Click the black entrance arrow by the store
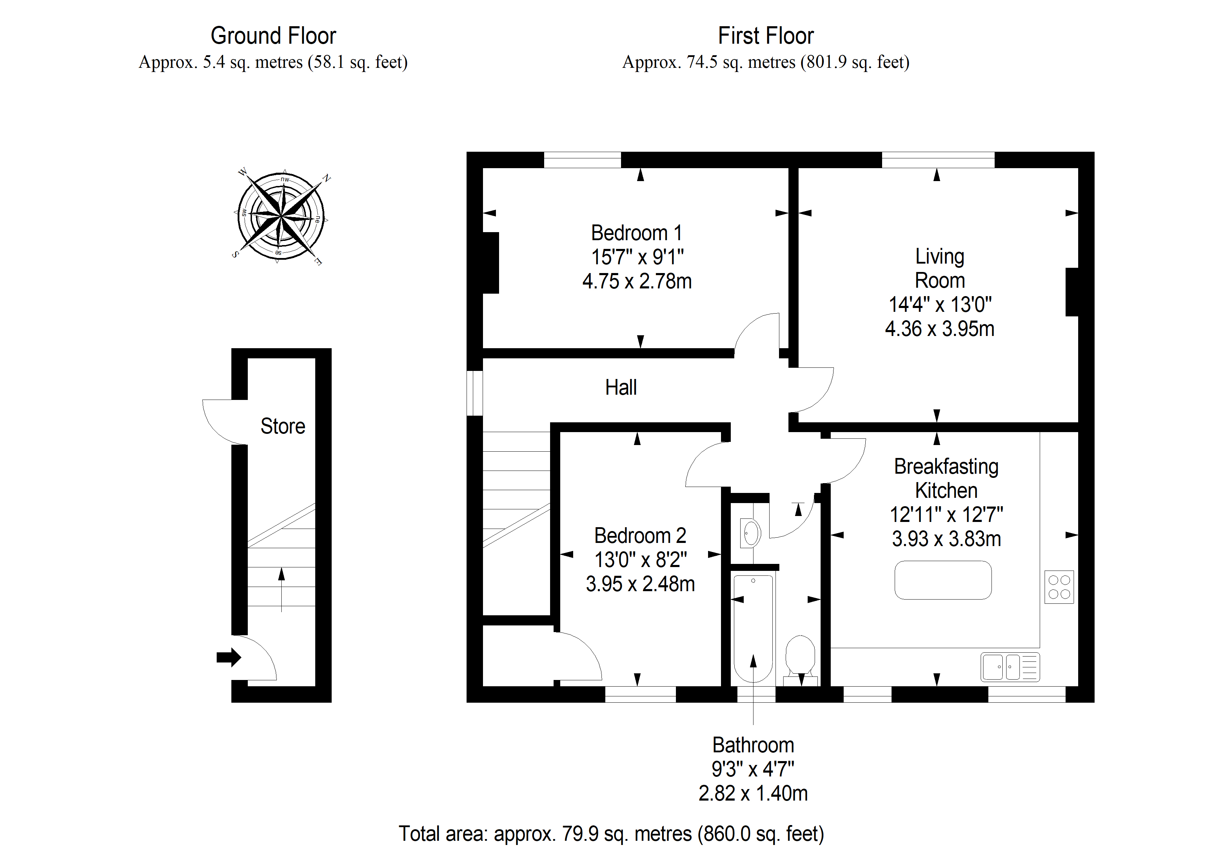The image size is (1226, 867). [x=229, y=657]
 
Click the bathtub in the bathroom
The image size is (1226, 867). [x=753, y=628]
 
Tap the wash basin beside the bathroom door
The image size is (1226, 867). [x=750, y=532]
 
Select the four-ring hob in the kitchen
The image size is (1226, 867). [x=1059, y=587]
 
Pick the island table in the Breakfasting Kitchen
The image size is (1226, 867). [x=943, y=580]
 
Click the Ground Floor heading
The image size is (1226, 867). [x=273, y=36]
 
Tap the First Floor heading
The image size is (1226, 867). [x=766, y=36]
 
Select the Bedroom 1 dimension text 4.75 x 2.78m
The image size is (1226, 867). [x=637, y=281]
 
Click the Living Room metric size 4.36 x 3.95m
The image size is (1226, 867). [x=940, y=329]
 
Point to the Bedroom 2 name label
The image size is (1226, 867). [x=640, y=535]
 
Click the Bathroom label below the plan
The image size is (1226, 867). [x=753, y=745]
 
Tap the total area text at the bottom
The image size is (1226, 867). [x=611, y=833]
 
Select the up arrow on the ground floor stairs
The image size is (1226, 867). [x=281, y=589]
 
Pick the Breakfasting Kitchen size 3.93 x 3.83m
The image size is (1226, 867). [x=946, y=538]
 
